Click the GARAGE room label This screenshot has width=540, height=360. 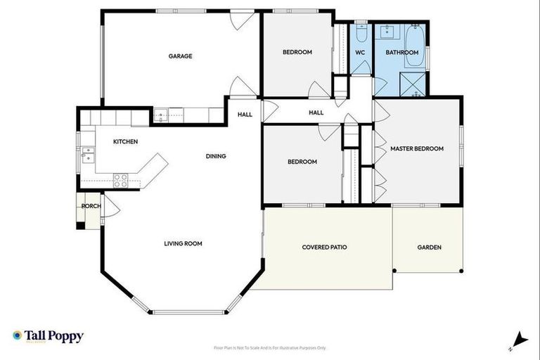(180, 56)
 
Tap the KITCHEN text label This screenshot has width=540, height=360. (125, 141)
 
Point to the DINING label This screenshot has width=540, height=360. (216, 156)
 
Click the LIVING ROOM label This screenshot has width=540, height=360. (183, 244)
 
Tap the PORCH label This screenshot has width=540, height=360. (89, 206)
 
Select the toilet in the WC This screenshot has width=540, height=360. (360, 34)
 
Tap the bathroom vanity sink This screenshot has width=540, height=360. (387, 32)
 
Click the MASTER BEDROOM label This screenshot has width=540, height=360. (417, 148)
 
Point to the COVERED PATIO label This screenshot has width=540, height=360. (324, 247)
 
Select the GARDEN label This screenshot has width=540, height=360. (429, 247)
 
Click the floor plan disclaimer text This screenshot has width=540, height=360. (270, 348)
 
